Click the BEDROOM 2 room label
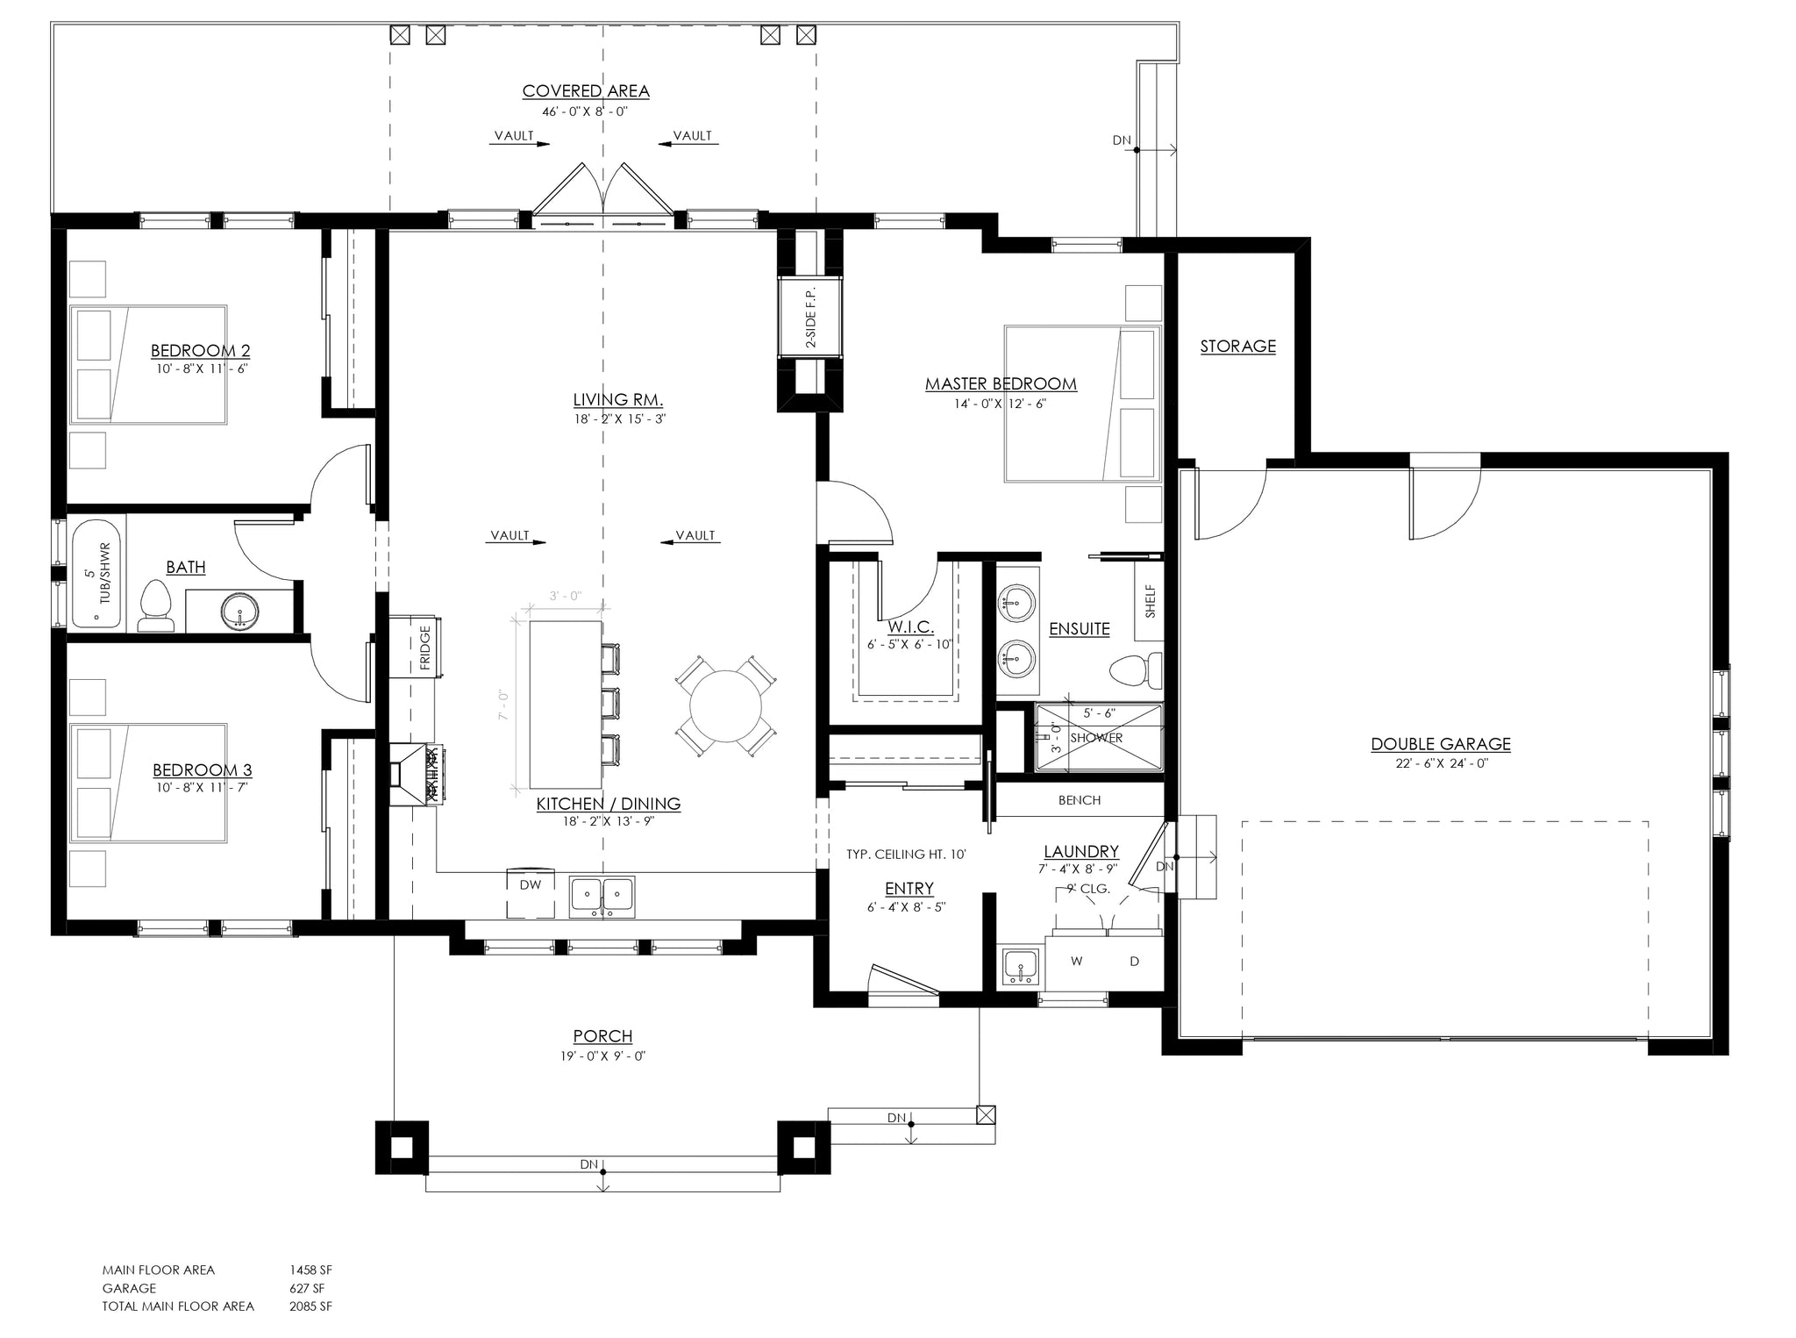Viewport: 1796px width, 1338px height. click(200, 351)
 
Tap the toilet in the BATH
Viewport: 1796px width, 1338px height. click(155, 606)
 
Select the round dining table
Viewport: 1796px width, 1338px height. click(725, 706)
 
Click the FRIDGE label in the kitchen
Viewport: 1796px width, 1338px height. click(425, 647)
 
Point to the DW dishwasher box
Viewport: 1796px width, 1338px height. click(531, 885)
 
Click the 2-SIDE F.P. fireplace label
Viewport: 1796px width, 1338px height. click(810, 317)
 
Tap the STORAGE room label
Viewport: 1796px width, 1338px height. click(1237, 347)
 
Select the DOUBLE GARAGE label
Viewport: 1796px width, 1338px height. click(1440, 744)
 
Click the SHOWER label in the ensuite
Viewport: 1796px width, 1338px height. click(1096, 738)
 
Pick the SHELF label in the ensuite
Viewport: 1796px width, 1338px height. click(1150, 602)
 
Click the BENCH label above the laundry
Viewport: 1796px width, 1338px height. click(1079, 800)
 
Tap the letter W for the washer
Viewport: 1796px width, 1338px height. click(1076, 962)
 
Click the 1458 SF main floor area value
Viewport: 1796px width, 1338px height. click(310, 1270)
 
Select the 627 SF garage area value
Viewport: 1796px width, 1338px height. click(307, 1288)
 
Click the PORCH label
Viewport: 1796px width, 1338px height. click(602, 1036)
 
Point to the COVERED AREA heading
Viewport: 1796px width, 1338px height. click(586, 91)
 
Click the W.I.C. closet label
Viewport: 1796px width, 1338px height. click(909, 627)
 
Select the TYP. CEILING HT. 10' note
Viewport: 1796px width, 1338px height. click(906, 854)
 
